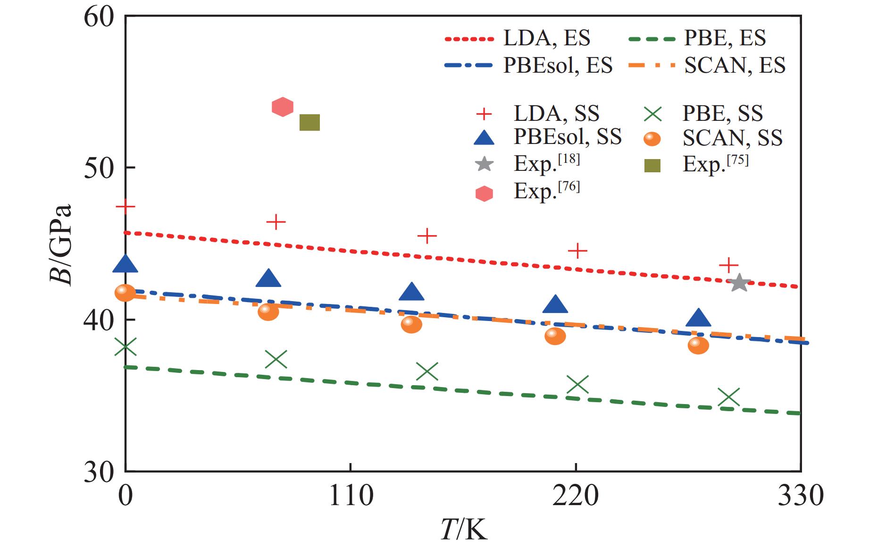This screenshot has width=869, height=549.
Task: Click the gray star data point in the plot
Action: click(x=739, y=283)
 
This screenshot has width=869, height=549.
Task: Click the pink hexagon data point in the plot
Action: click(x=283, y=107)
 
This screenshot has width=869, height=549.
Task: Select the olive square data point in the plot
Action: click(x=310, y=123)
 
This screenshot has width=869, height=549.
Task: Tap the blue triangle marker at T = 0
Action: click(x=125, y=264)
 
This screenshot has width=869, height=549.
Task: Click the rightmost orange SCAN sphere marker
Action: click(x=698, y=345)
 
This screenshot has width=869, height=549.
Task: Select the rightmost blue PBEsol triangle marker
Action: click(x=698, y=319)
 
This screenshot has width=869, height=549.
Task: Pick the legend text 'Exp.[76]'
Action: click(x=547, y=191)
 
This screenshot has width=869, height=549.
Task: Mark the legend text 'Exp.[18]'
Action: click(x=547, y=163)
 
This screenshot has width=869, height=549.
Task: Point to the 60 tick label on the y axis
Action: click(x=99, y=17)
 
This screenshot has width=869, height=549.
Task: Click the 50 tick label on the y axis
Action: click(x=99, y=168)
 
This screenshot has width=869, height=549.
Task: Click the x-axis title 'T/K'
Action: click(x=463, y=530)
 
